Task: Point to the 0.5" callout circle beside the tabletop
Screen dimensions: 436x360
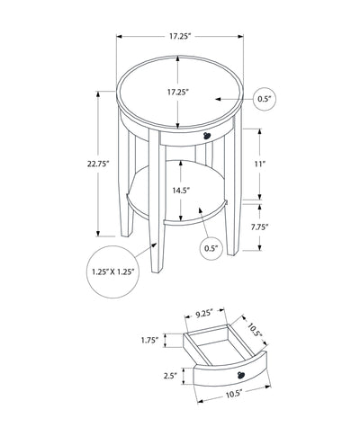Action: tap(264, 99)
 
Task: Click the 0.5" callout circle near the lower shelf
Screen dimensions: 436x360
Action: tap(211, 247)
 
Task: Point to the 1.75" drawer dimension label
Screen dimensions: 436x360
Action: tap(149, 340)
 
